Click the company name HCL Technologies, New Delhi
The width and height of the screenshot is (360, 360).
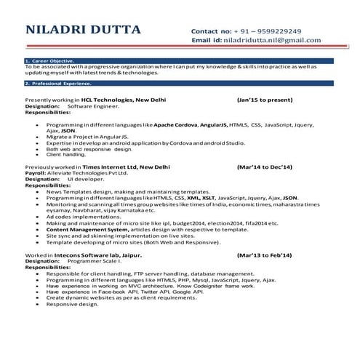click(122, 99)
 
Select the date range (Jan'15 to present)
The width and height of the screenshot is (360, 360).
click(265, 99)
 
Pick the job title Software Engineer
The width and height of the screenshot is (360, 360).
click(92, 106)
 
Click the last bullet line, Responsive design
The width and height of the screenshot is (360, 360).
click(72, 304)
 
